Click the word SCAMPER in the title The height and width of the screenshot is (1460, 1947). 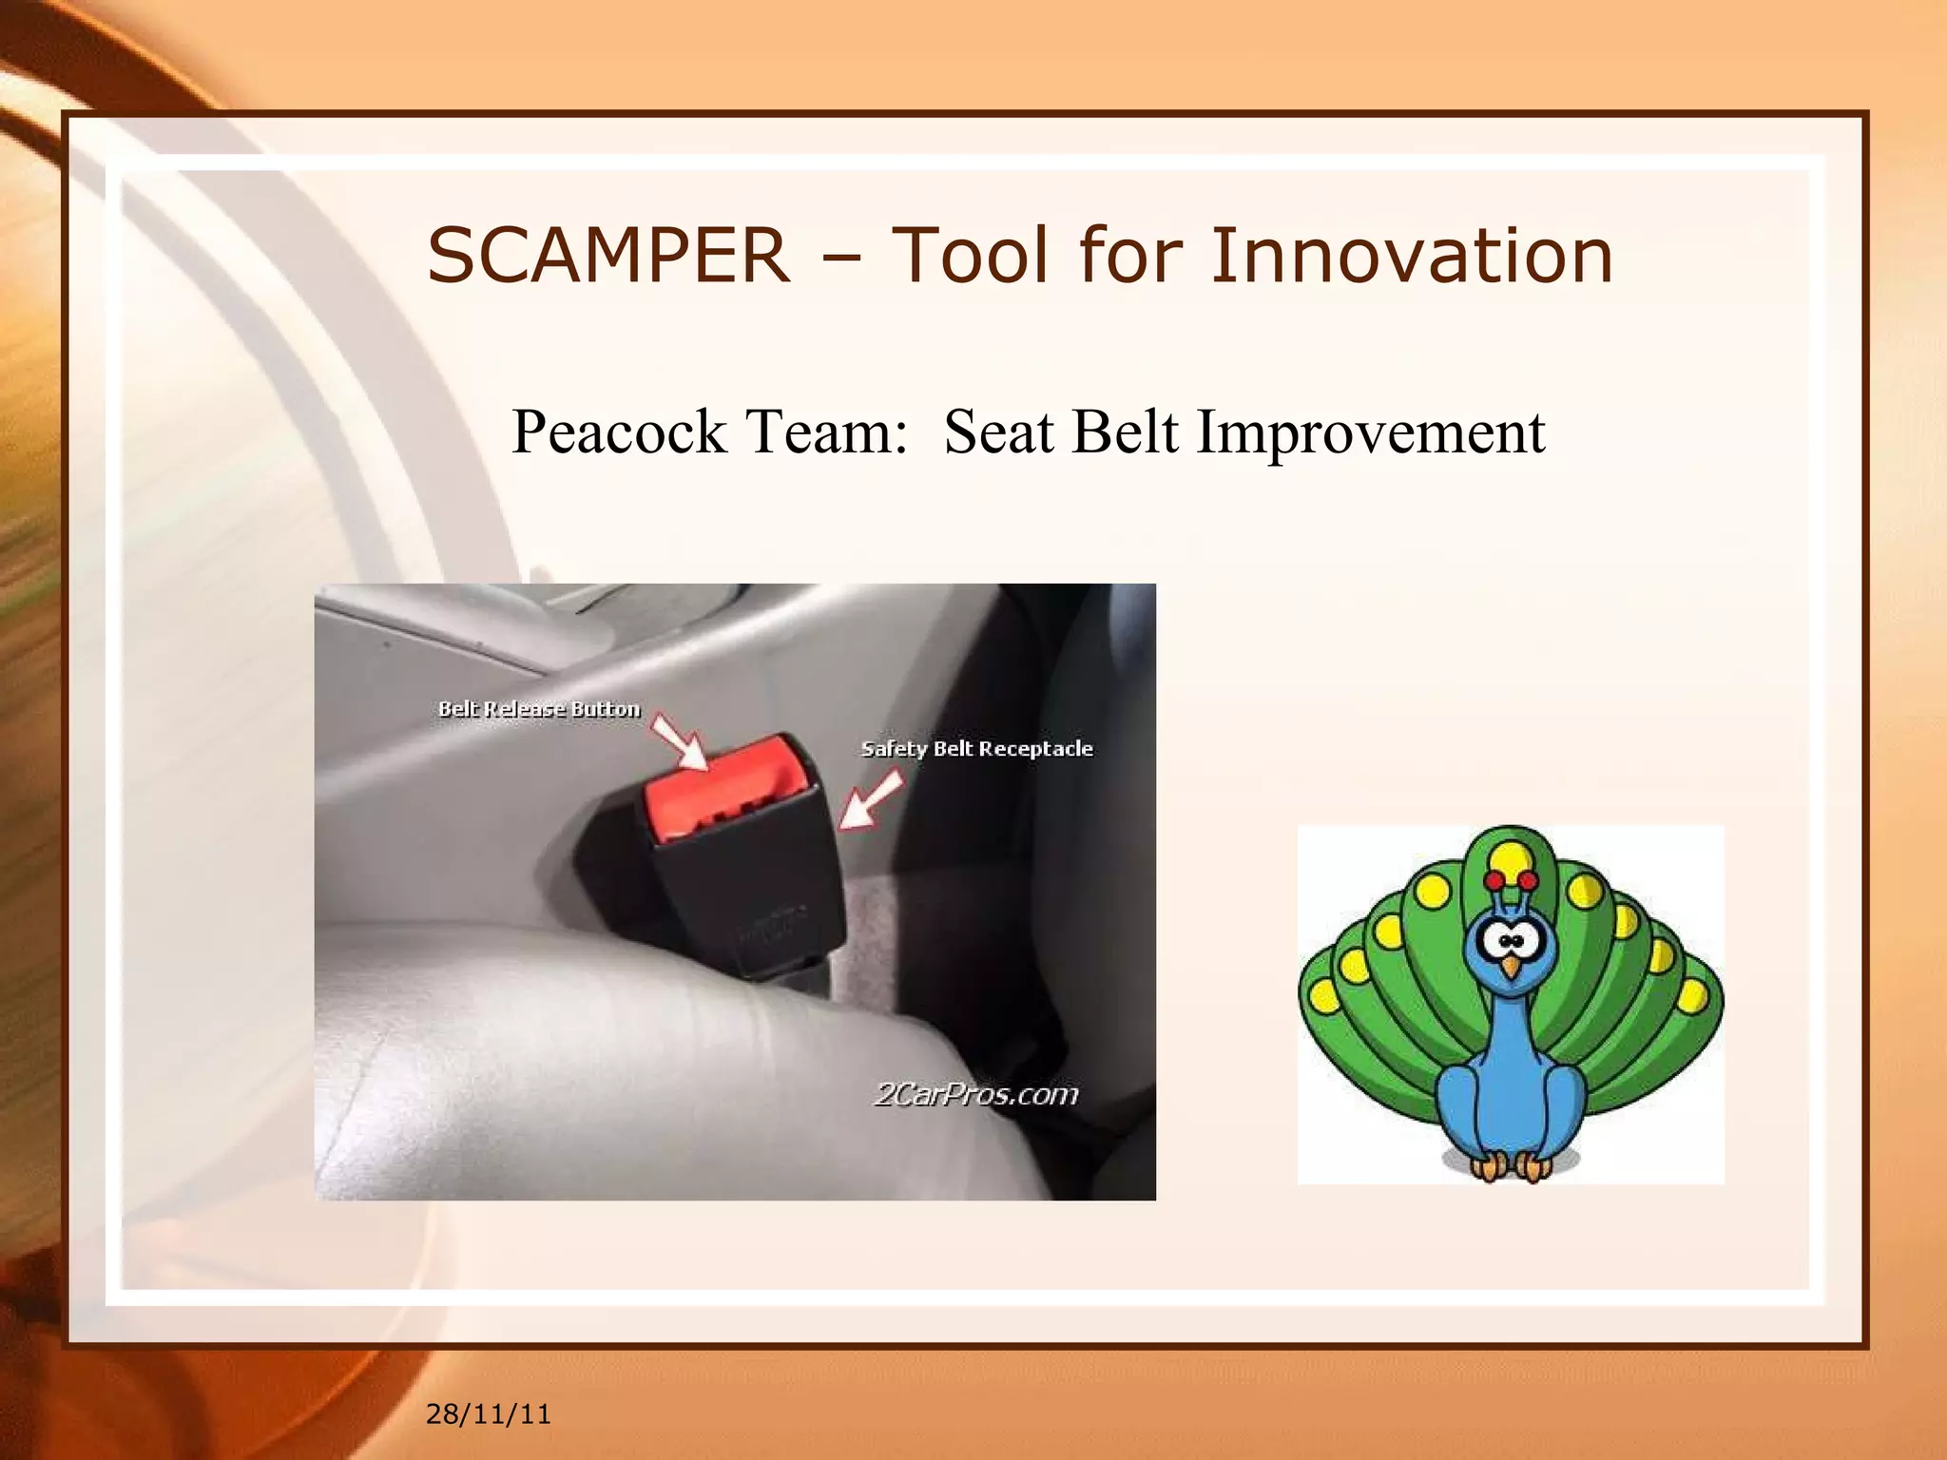click(608, 256)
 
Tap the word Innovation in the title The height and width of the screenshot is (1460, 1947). click(1412, 256)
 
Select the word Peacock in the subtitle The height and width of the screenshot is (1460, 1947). click(619, 432)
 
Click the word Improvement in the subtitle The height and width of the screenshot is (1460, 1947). click(1371, 432)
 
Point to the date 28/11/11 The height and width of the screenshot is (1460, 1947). click(488, 1413)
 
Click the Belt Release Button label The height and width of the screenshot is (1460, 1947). click(539, 709)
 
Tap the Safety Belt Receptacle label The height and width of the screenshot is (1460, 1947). click(976, 749)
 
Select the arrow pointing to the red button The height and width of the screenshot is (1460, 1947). click(679, 742)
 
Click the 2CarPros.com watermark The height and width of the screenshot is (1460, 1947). click(975, 1095)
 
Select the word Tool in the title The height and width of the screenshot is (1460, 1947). click(971, 256)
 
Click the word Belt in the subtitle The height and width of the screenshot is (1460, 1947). click(1125, 432)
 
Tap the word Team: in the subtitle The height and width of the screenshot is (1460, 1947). click(826, 432)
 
